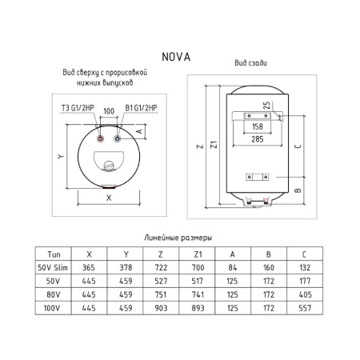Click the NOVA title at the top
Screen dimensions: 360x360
click(179, 57)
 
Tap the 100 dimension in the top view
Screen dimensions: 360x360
click(109, 109)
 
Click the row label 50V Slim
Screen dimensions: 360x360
click(54, 266)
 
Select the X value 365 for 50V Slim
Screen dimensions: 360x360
click(90, 266)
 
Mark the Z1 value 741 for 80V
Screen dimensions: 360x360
click(198, 294)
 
